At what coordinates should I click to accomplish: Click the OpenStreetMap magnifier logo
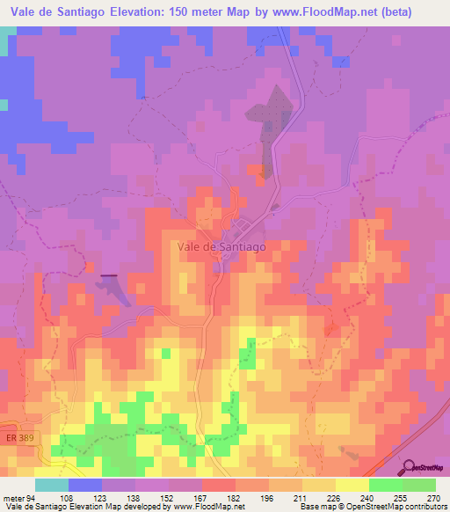(x=410, y=466)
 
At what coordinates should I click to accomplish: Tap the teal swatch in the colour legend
(x=52, y=485)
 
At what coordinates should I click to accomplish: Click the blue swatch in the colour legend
(x=85, y=485)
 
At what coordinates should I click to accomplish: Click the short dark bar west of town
(x=110, y=276)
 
